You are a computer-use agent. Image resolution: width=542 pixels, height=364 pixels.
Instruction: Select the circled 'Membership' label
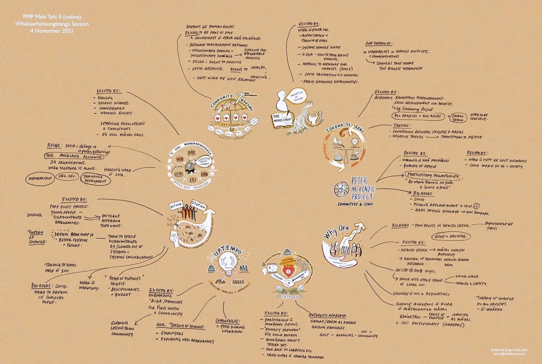click(40, 178)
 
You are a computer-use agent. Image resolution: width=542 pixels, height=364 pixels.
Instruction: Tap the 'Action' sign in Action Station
click(176, 205)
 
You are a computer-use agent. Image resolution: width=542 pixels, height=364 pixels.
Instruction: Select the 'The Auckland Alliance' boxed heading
click(74, 157)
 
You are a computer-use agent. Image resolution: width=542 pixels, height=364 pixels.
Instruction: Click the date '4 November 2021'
click(52, 31)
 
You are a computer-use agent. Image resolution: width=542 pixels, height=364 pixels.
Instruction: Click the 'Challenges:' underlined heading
click(227, 321)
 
